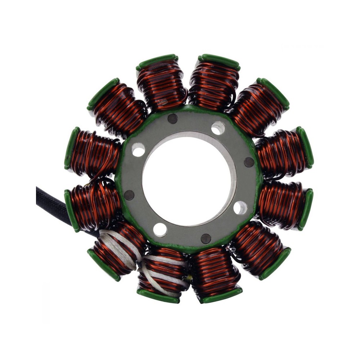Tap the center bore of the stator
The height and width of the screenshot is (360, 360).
187,180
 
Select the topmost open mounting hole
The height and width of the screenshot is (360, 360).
218,128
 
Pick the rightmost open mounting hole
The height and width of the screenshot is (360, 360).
240,208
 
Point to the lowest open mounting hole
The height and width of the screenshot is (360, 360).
160,230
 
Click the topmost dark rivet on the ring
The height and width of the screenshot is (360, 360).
172,118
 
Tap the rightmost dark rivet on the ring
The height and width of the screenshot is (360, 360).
249,162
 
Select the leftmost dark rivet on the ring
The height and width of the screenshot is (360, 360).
129,195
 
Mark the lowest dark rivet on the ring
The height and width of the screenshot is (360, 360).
206,239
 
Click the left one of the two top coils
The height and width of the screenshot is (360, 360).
160,83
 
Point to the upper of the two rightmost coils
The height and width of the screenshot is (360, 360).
284,151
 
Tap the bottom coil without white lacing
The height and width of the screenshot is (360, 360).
216,274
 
